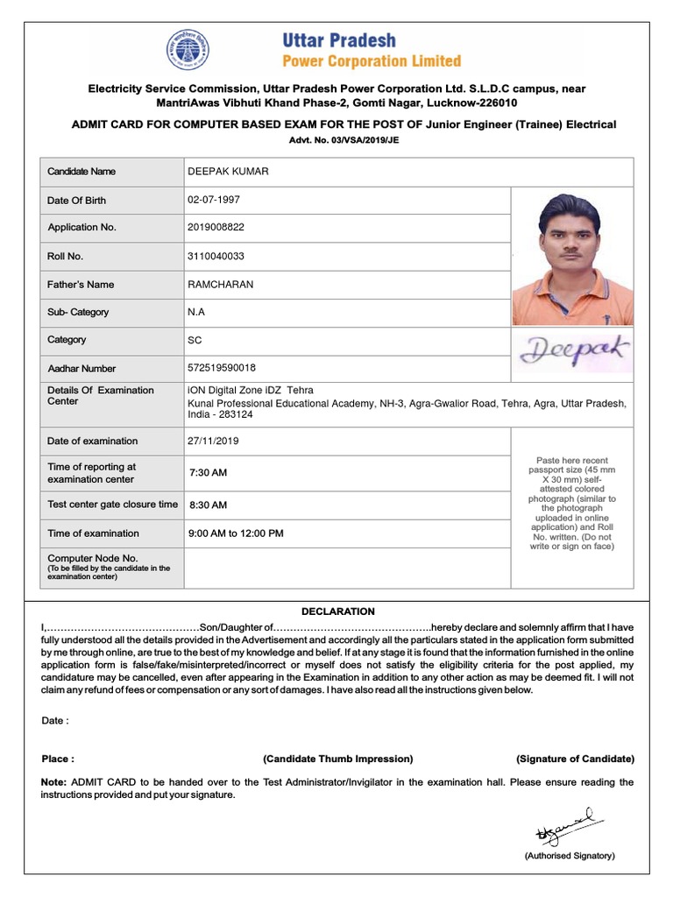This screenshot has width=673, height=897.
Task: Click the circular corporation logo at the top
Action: tap(188, 50)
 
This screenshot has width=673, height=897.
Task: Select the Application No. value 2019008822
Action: tap(216, 227)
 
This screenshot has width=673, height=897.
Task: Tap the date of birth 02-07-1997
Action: tap(213, 200)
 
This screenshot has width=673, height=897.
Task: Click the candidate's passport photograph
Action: tap(572, 258)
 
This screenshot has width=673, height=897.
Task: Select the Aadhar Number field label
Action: tap(81, 369)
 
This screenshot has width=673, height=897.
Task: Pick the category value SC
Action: tap(195, 340)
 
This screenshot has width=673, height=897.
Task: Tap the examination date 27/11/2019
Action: tap(213, 441)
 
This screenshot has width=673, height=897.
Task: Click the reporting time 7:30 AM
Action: tap(208, 473)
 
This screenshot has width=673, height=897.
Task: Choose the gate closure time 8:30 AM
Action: tap(208, 505)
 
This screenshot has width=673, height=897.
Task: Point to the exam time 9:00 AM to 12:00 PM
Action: tap(236, 533)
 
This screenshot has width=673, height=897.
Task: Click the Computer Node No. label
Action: tap(93, 558)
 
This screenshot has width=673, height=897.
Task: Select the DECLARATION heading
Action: tap(337, 611)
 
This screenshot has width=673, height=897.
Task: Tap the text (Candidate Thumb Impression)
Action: tap(337, 759)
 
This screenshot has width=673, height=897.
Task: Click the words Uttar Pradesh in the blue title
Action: tap(338, 40)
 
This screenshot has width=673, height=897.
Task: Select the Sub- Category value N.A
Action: tap(196, 312)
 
